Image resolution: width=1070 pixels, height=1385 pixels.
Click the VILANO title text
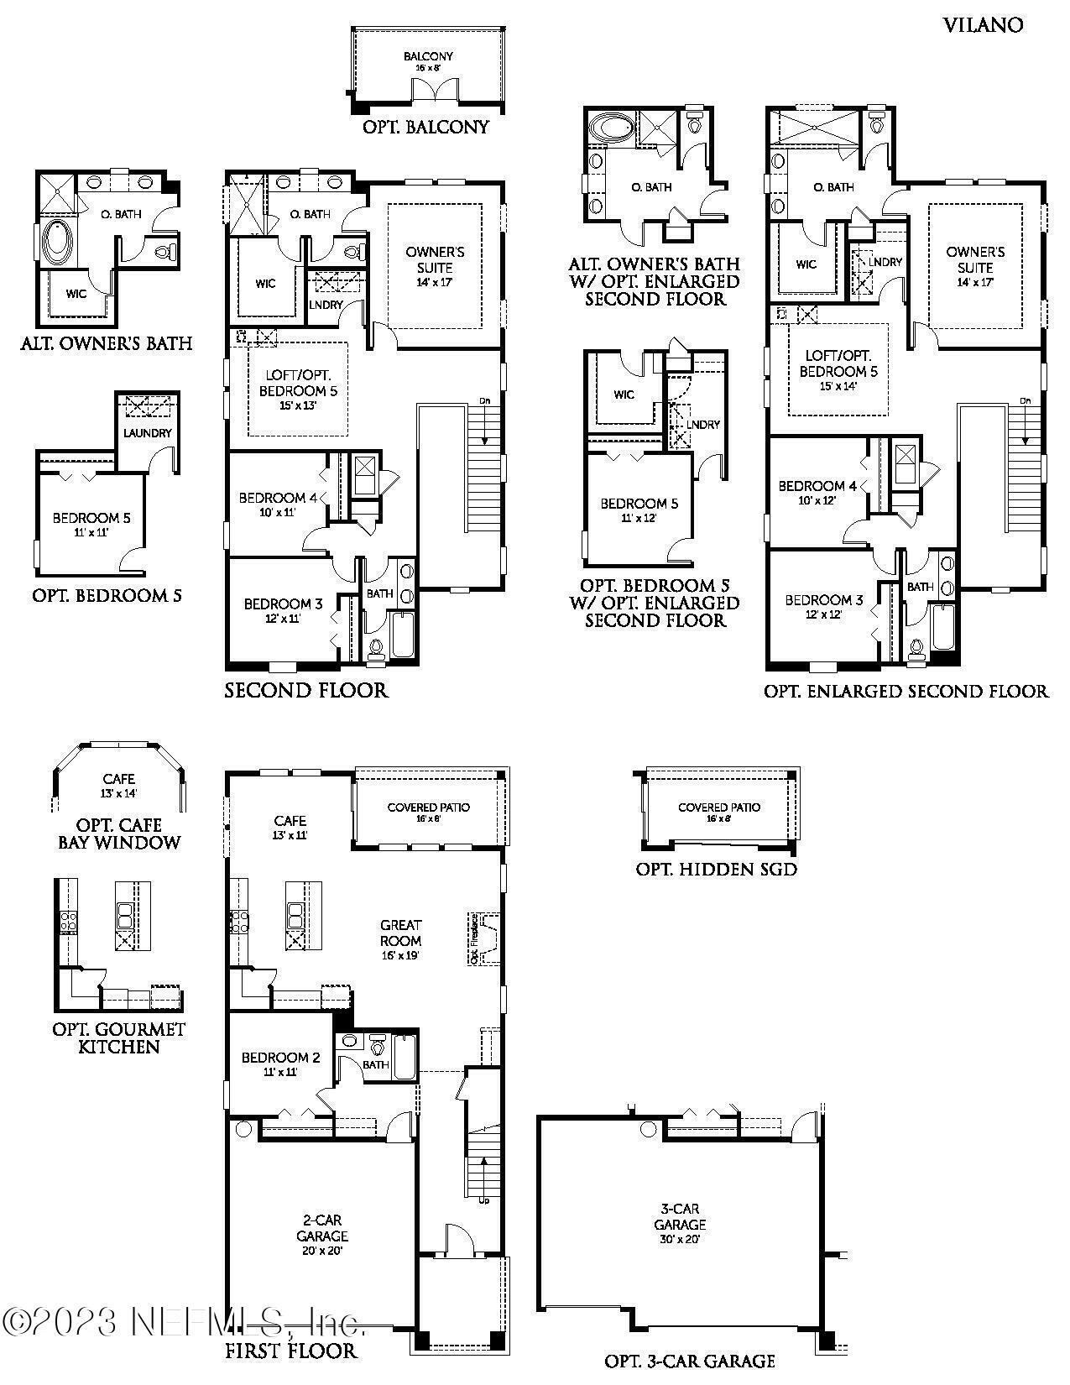(983, 25)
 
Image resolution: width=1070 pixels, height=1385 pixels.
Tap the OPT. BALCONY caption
(425, 128)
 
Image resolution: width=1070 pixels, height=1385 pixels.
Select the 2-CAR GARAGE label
(322, 1235)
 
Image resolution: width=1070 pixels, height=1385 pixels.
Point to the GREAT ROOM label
(400, 939)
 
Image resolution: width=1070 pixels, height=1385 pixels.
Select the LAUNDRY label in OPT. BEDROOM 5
(148, 433)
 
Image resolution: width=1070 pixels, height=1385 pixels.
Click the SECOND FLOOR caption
(306, 691)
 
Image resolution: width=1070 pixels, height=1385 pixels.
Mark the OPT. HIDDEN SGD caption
(716, 870)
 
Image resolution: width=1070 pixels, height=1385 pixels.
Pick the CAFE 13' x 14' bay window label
(119, 785)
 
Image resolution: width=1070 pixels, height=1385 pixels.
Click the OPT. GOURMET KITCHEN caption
(118, 1037)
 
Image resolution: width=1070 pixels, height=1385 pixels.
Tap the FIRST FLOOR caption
(291, 1351)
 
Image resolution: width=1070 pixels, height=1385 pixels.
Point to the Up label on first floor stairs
(484, 1200)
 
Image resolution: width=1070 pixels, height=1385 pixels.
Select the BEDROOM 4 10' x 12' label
(817, 492)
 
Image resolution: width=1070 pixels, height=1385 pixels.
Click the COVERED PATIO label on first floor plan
(428, 811)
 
